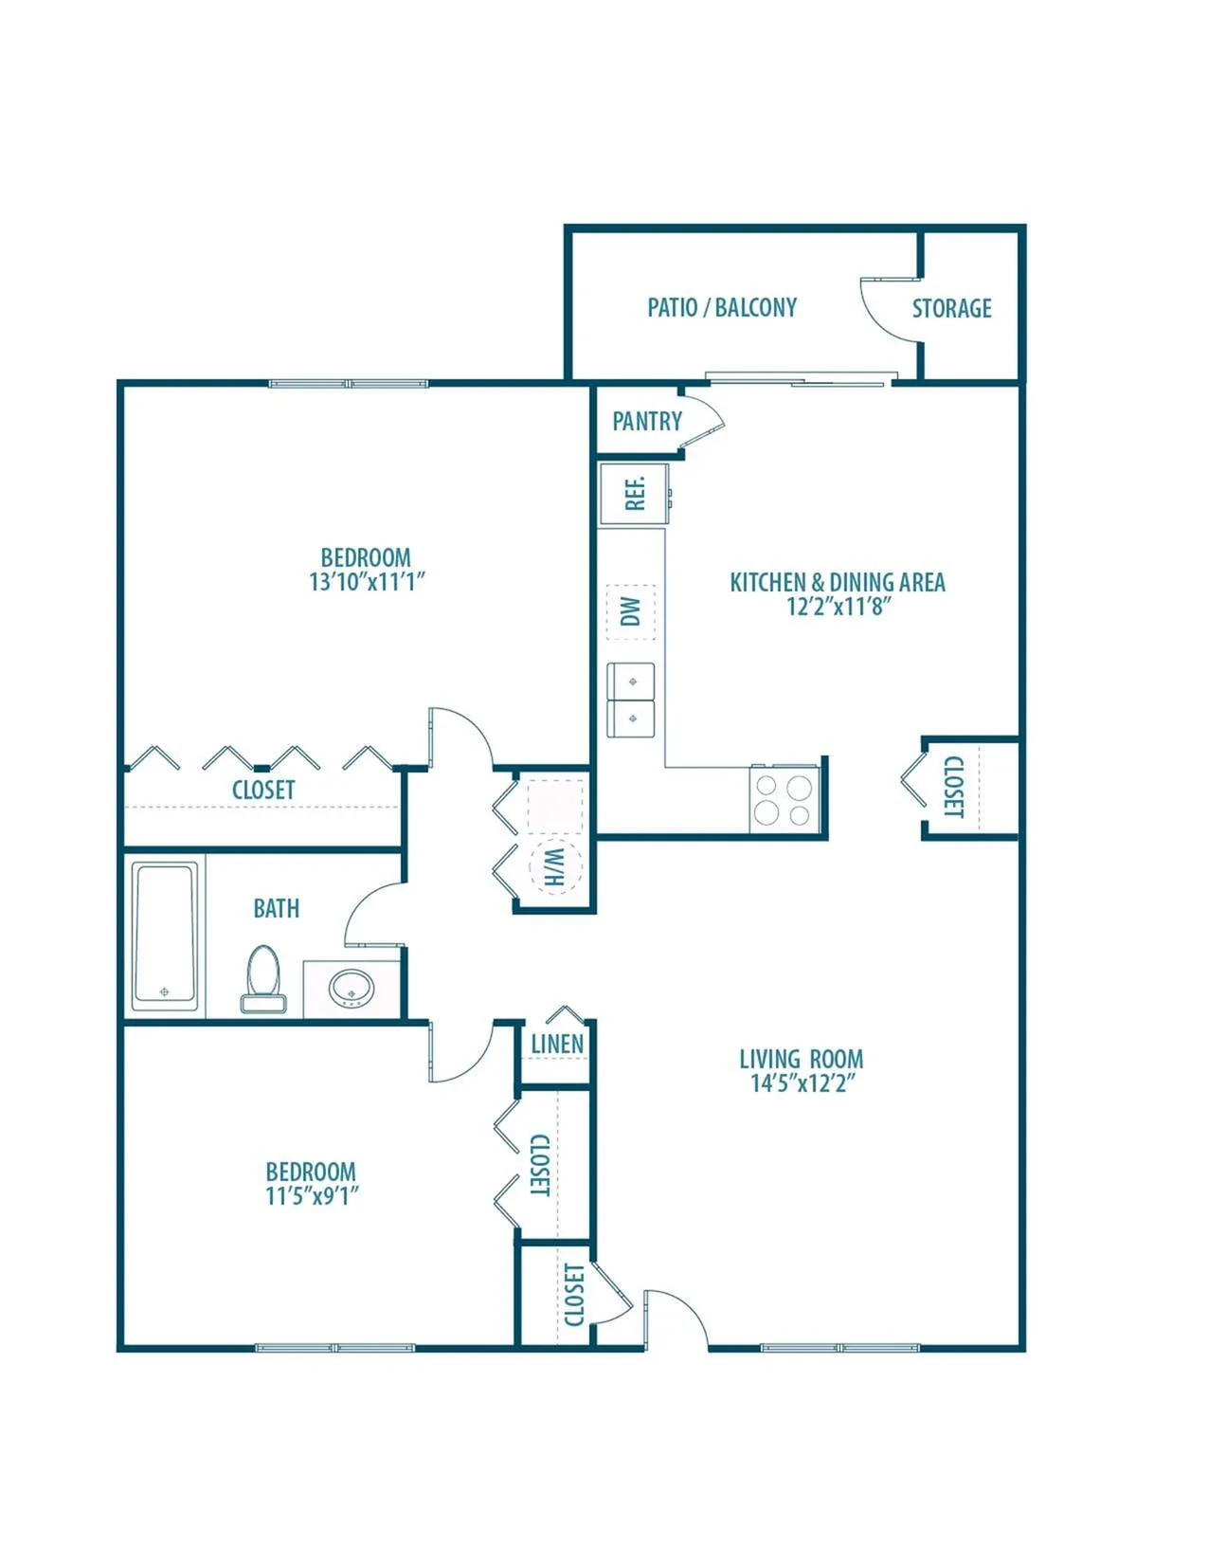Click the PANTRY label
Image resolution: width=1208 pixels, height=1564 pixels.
pyautogui.click(x=647, y=421)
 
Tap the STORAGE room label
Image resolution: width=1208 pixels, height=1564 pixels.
pyautogui.click(x=952, y=308)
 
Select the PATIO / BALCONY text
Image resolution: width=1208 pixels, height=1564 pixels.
pyautogui.click(x=722, y=307)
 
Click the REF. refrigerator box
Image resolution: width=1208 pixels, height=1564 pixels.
pyautogui.click(x=635, y=494)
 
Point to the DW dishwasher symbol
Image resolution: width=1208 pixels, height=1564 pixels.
pyautogui.click(x=630, y=612)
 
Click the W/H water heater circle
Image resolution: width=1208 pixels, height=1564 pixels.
pyautogui.click(x=554, y=867)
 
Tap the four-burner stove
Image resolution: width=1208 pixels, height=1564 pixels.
pyautogui.click(x=784, y=800)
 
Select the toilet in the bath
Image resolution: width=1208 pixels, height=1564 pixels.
pyautogui.click(x=263, y=979)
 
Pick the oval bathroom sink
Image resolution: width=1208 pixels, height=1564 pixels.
pyautogui.click(x=352, y=988)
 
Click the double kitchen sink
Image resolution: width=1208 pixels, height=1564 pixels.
pyautogui.click(x=631, y=700)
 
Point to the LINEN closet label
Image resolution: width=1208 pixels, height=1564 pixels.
pyautogui.click(x=557, y=1045)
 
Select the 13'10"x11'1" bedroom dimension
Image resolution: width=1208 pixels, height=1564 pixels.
pyautogui.click(x=367, y=582)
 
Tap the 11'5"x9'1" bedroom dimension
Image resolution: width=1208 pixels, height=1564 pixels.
pyautogui.click(x=313, y=1195)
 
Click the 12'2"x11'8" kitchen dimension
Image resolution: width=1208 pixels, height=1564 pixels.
pyautogui.click(x=838, y=606)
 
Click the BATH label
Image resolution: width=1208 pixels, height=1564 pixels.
pyautogui.click(x=277, y=909)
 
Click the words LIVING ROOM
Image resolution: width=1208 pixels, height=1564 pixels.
pyautogui.click(x=802, y=1059)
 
